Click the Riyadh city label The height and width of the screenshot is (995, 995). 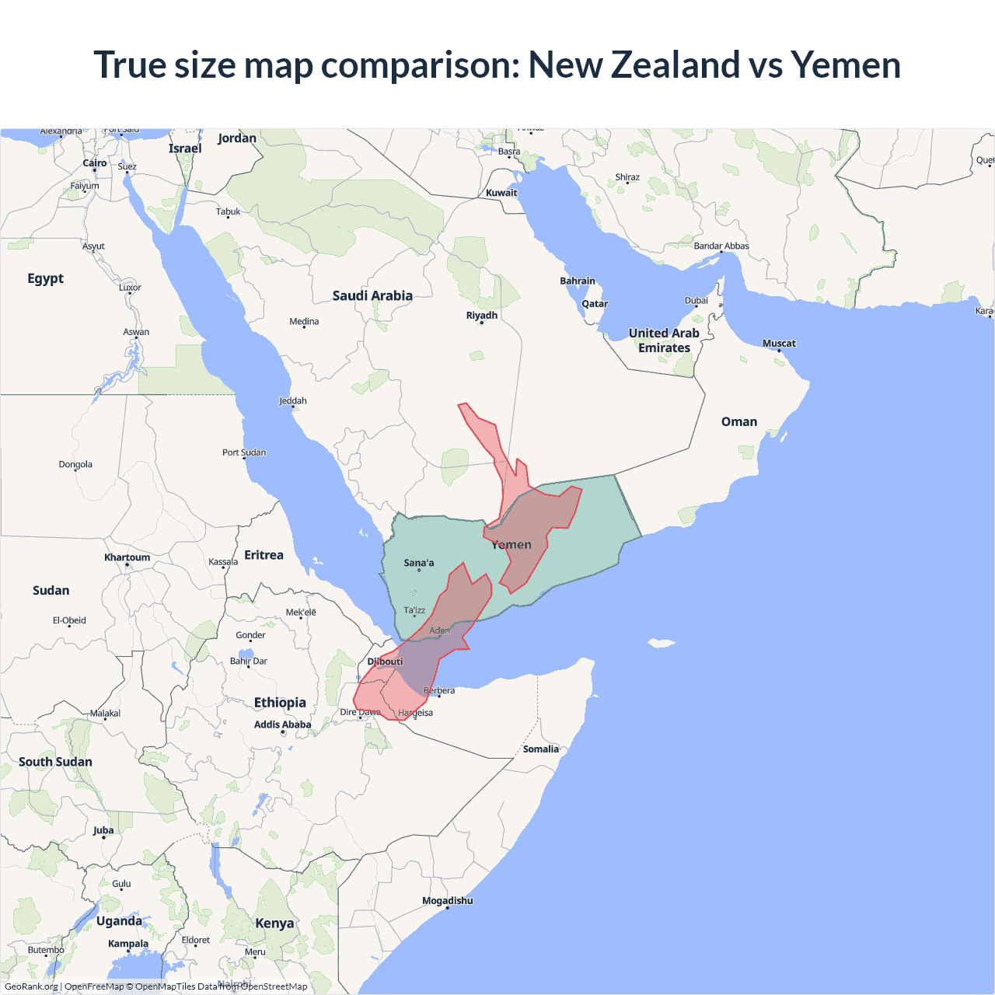click(482, 315)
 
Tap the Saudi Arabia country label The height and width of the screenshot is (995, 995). click(372, 295)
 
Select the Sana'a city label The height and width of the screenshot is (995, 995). click(419, 563)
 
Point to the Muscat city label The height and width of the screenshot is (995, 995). click(779, 343)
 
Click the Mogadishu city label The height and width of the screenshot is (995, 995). click(447, 900)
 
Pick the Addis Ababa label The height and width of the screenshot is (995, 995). click(282, 724)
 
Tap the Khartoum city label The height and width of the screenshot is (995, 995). click(127, 557)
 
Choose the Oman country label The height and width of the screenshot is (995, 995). click(738, 421)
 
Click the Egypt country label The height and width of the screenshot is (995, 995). click(45, 278)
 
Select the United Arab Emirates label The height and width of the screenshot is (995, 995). click(664, 340)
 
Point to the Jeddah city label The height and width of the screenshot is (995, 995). click(293, 400)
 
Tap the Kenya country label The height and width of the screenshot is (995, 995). click(274, 923)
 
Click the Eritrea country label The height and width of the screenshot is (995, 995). click(264, 555)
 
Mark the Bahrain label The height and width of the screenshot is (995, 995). click(578, 281)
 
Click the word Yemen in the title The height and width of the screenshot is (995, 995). click(846, 65)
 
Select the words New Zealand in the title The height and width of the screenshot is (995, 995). click(634, 65)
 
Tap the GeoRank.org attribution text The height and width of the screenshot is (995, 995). click(31, 986)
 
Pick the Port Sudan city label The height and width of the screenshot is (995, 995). click(244, 452)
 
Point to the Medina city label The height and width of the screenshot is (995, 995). click(304, 321)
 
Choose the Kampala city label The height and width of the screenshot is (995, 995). click(128, 944)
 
